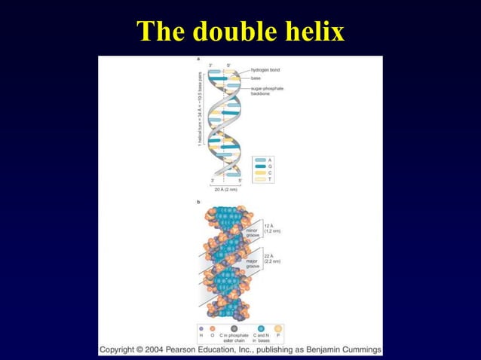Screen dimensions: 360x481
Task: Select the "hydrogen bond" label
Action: pos(265,70)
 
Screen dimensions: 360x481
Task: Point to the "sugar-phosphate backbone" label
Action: pos(267,91)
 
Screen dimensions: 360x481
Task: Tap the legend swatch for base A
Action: pos(260,160)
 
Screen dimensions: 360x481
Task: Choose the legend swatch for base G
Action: pos(260,166)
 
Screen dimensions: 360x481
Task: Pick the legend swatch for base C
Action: pos(260,173)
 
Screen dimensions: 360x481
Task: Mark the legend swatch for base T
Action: pos(260,179)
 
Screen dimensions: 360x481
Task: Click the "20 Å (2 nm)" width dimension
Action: pos(225,191)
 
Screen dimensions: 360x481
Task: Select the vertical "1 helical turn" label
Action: pos(201,108)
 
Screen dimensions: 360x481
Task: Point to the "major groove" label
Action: pos(253,264)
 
